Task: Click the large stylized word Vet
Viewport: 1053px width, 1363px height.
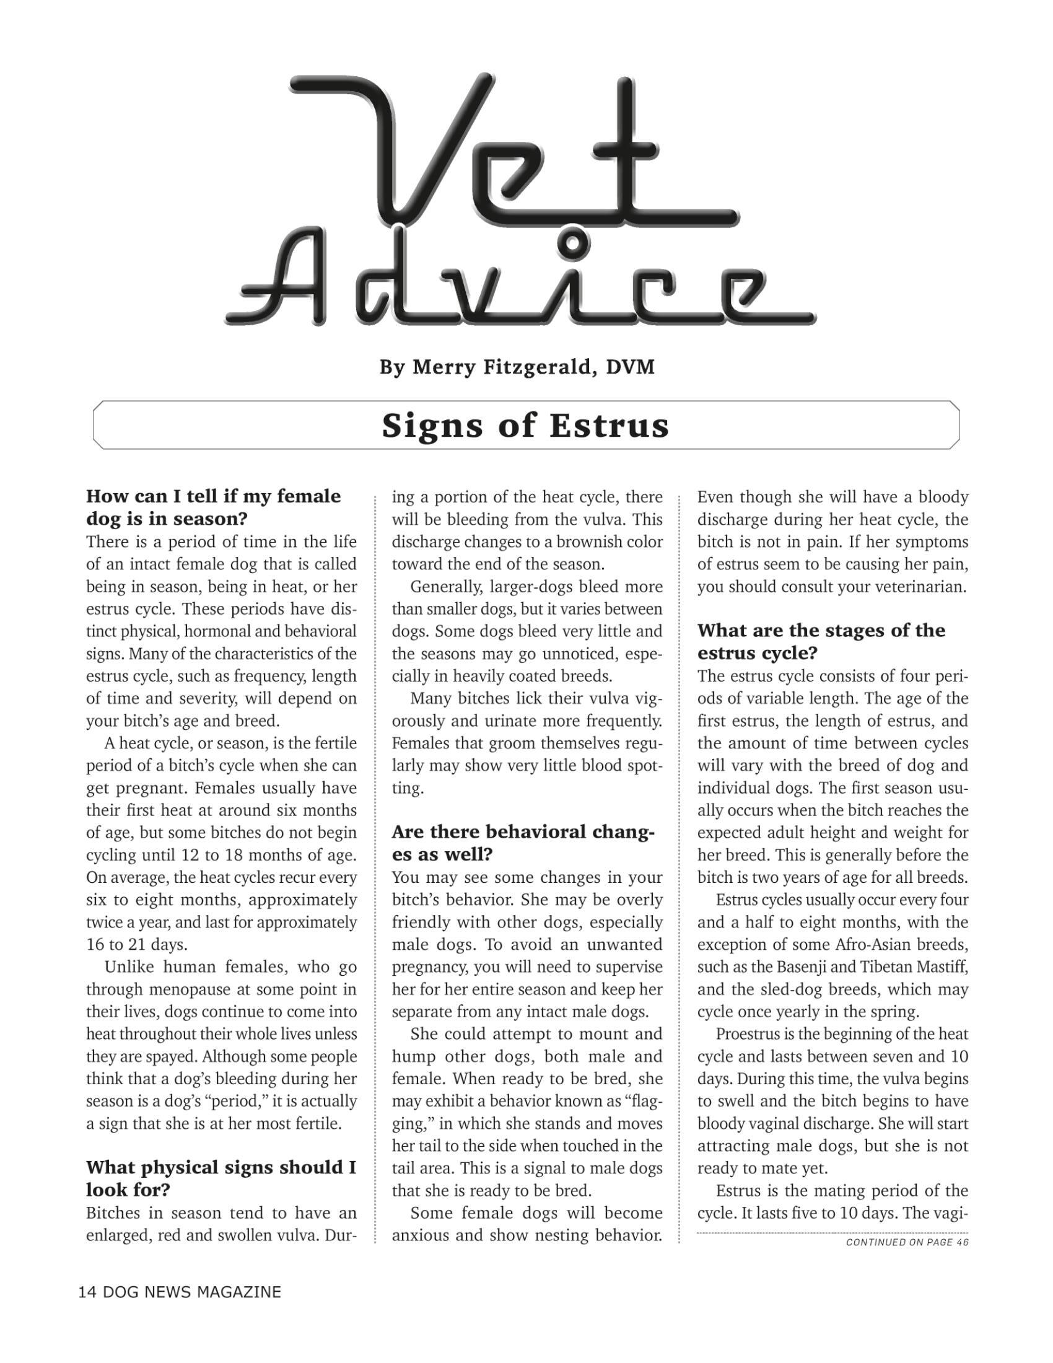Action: (x=512, y=150)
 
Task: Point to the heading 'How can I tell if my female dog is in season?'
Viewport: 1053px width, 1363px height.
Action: (x=213, y=507)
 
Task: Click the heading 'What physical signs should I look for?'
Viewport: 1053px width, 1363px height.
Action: (x=221, y=1178)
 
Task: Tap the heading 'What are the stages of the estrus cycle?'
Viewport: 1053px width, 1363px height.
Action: (x=821, y=642)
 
